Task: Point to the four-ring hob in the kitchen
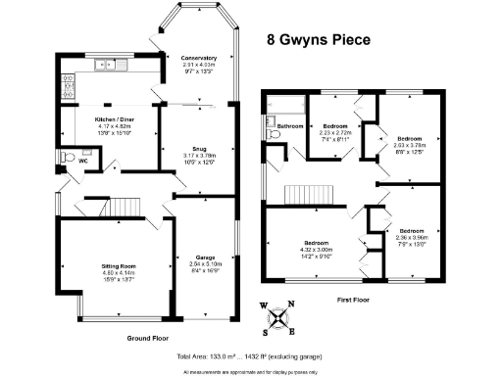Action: [x=68, y=87]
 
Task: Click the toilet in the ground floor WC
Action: [x=66, y=157]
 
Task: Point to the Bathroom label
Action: [x=290, y=126]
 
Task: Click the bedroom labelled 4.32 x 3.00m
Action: [x=316, y=248]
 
